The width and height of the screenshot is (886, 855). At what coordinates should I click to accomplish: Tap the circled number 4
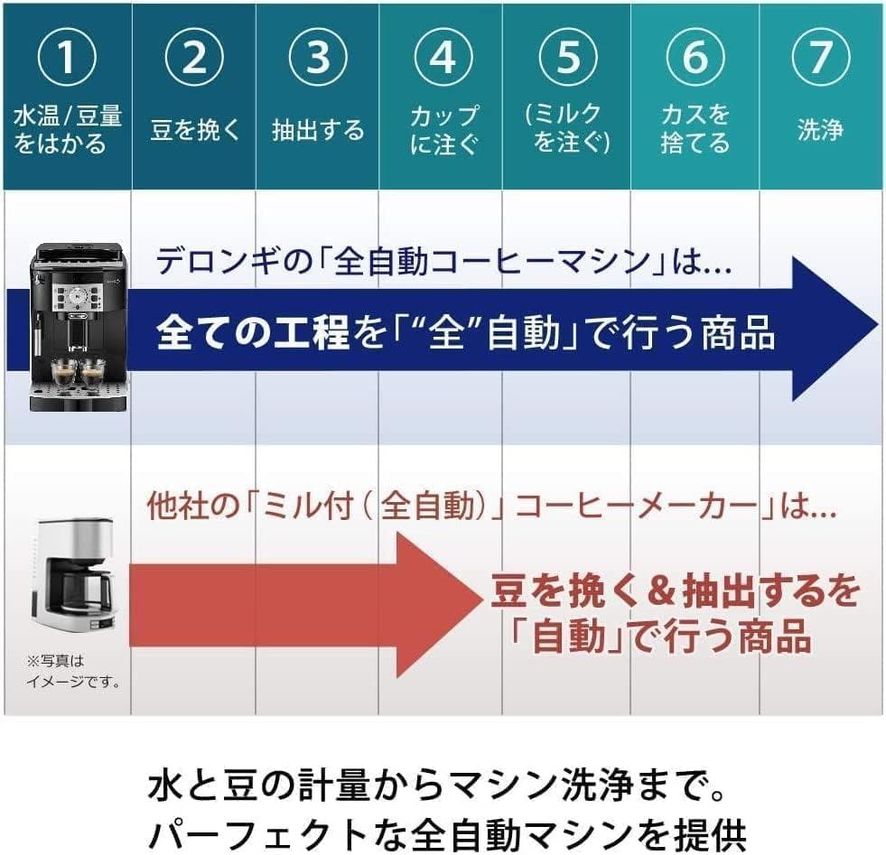(443, 58)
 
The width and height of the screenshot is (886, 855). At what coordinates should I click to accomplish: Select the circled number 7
(819, 58)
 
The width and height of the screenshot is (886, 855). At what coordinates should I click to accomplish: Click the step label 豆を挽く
(195, 130)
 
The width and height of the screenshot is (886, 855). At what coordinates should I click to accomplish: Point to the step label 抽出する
(318, 130)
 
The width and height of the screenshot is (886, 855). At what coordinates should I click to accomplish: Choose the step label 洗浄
(819, 130)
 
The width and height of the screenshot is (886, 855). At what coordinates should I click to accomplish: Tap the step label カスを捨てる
(695, 129)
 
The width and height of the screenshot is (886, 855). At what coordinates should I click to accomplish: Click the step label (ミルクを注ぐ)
(568, 129)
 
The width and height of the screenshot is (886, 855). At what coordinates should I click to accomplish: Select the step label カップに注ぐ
(443, 129)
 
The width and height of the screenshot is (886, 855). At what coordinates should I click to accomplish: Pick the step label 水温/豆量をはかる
(67, 129)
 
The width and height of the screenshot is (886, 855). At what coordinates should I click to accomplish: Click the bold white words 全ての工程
(253, 335)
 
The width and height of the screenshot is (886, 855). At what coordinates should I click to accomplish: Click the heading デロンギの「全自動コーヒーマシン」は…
(443, 263)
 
